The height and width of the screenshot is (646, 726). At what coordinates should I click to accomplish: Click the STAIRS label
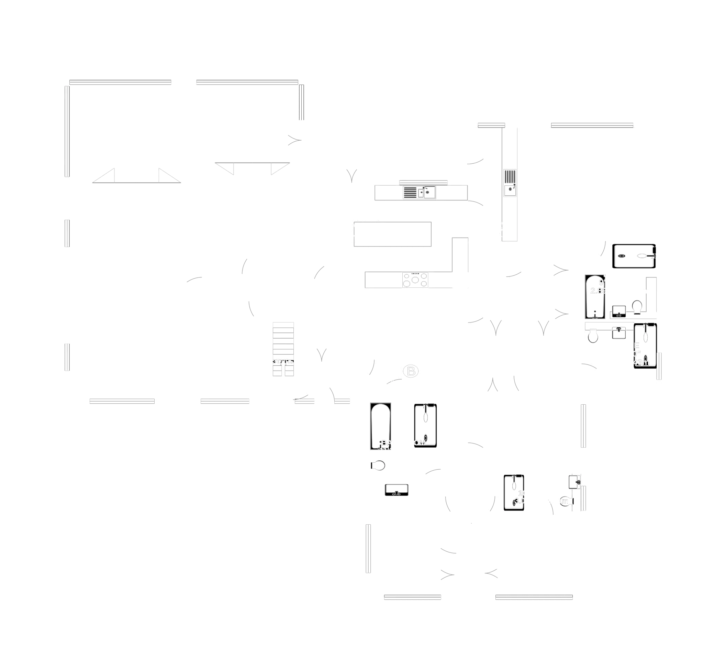[x=283, y=361]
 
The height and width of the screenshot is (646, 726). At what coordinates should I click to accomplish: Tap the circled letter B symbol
[x=411, y=371]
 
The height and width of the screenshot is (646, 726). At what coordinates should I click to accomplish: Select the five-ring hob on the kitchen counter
[x=415, y=280]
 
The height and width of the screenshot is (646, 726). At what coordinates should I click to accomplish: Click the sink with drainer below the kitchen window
[x=419, y=193]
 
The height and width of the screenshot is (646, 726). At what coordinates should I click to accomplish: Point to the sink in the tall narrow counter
[x=510, y=190]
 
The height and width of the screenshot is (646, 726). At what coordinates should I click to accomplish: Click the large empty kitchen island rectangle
[x=393, y=233]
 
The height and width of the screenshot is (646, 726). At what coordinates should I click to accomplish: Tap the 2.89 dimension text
[x=599, y=291]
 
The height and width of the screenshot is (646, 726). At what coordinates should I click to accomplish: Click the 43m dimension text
[x=641, y=362]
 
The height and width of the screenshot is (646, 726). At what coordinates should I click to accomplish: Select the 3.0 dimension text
[x=519, y=500]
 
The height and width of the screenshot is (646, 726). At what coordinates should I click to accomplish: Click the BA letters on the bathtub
[x=387, y=443]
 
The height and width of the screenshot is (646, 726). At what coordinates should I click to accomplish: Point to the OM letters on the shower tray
[x=420, y=443]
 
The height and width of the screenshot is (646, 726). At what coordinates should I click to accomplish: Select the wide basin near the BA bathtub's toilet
[x=396, y=490]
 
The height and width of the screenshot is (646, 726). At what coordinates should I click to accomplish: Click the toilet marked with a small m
[x=566, y=501]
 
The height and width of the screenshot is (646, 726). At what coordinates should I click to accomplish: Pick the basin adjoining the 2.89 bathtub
[x=619, y=311]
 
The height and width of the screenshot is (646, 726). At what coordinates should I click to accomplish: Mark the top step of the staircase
[x=283, y=325]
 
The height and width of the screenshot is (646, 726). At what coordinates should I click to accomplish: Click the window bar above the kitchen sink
[x=423, y=182]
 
